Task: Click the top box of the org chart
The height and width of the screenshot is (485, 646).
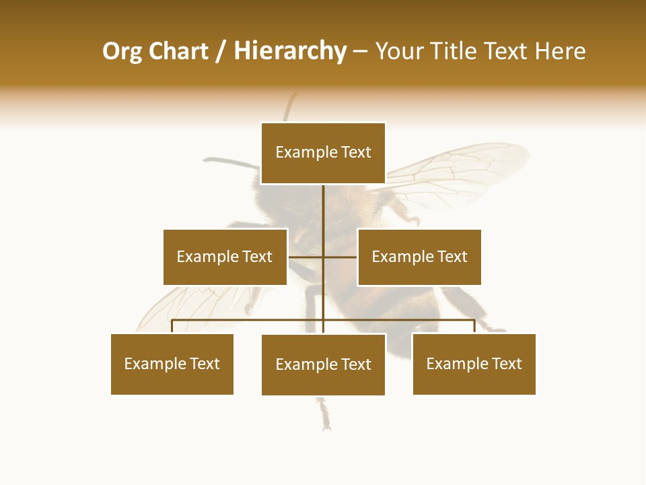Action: pyautogui.click(x=323, y=153)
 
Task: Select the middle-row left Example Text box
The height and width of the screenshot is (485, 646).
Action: pyautogui.click(x=225, y=257)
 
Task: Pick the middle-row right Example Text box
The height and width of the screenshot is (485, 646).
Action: pyautogui.click(x=419, y=257)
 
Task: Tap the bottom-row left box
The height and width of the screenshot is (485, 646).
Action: pyautogui.click(x=172, y=364)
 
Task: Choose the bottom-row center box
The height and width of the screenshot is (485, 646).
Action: pyautogui.click(x=323, y=364)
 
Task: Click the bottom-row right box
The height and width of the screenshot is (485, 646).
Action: pyautogui.click(x=474, y=364)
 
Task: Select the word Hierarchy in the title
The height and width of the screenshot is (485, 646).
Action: pyautogui.click(x=290, y=52)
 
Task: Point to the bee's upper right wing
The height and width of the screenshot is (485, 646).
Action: pyautogui.click(x=458, y=168)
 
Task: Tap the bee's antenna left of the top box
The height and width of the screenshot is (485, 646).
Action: pyautogui.click(x=229, y=162)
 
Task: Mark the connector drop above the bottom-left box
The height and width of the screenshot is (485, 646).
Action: pyautogui.click(x=172, y=326)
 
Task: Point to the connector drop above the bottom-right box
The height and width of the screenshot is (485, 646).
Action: pyautogui.click(x=474, y=326)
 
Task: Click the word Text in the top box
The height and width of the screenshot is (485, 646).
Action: pyautogui.click(x=355, y=153)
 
